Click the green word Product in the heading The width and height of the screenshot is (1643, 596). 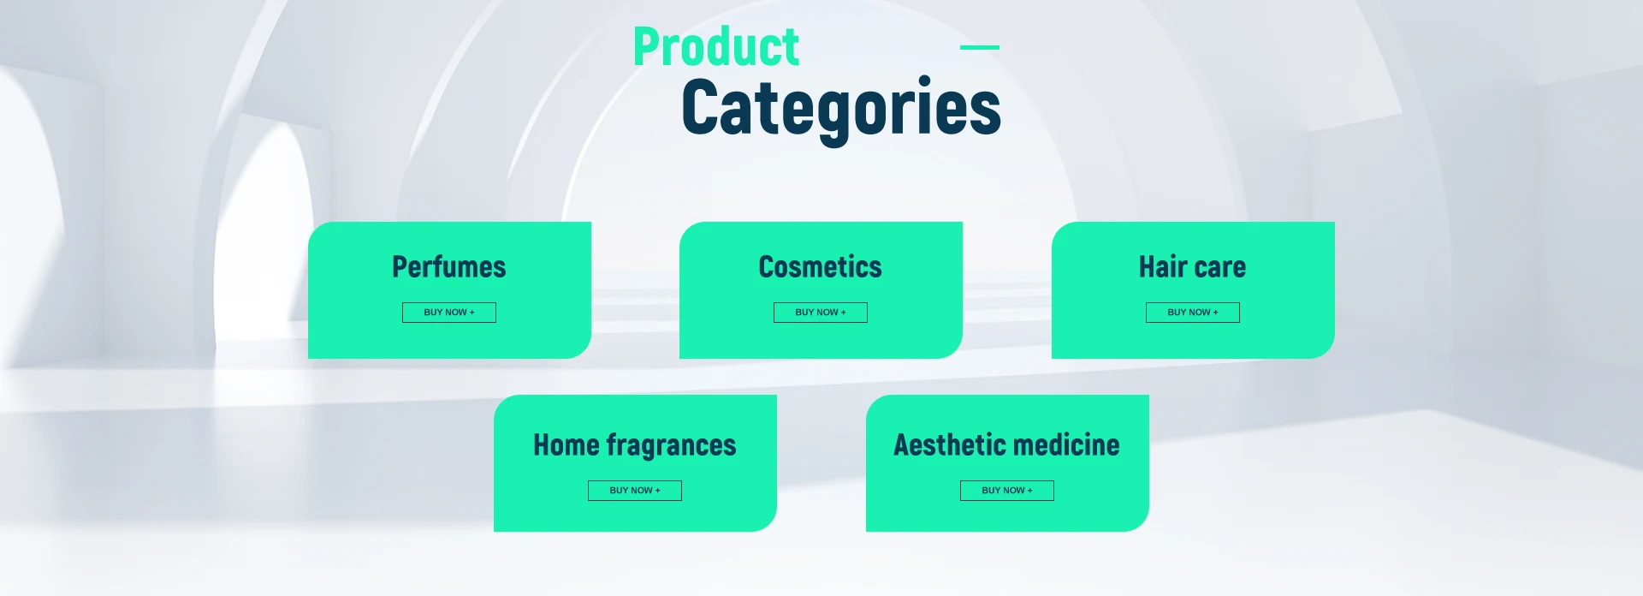point(716,47)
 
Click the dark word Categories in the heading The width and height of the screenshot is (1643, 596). point(841,108)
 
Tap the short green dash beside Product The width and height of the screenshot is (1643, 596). point(980,47)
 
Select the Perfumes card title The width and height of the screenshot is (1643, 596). point(449,266)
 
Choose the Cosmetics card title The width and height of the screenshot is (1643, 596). point(821,266)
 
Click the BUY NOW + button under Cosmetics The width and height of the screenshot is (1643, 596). point(821,313)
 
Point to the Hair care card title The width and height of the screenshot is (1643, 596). point(1192,266)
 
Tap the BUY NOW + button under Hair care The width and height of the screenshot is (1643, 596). point(1193,313)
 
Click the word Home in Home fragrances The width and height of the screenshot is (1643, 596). point(566,444)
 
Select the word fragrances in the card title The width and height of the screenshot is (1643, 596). point(671,445)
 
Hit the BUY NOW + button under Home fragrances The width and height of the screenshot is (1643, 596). point(635,491)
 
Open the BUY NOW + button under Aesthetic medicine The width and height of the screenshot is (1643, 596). point(1007,491)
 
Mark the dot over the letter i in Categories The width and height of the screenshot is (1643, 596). point(924,81)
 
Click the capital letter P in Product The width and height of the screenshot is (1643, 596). point(648,47)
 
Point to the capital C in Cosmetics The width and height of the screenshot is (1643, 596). point(767,266)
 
